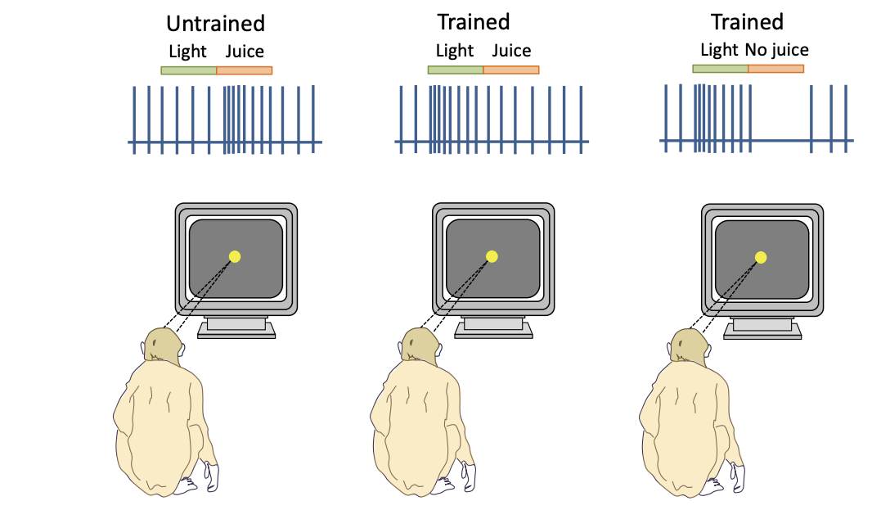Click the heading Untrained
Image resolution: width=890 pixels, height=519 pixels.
click(x=215, y=23)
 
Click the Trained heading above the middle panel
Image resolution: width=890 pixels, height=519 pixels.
click(x=474, y=22)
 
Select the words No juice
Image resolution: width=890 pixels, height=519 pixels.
click(x=776, y=50)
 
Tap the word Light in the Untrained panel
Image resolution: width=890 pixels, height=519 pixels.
click(x=187, y=52)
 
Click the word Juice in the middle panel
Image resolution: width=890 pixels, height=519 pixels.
click(x=511, y=51)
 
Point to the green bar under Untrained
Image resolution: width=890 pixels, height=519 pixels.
click(x=189, y=70)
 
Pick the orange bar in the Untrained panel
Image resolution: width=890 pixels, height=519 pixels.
click(x=244, y=70)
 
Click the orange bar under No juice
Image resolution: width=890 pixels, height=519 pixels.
click(x=775, y=69)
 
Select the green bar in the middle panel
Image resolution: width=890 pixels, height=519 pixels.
click(x=456, y=70)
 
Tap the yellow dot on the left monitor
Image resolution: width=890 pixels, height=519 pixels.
click(x=235, y=256)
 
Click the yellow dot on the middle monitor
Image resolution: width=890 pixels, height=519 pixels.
click(x=492, y=256)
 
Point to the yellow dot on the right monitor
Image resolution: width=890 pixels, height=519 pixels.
click(x=761, y=257)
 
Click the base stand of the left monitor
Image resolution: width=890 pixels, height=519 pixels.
click(x=236, y=327)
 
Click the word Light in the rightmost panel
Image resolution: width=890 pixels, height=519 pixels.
click(x=719, y=50)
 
